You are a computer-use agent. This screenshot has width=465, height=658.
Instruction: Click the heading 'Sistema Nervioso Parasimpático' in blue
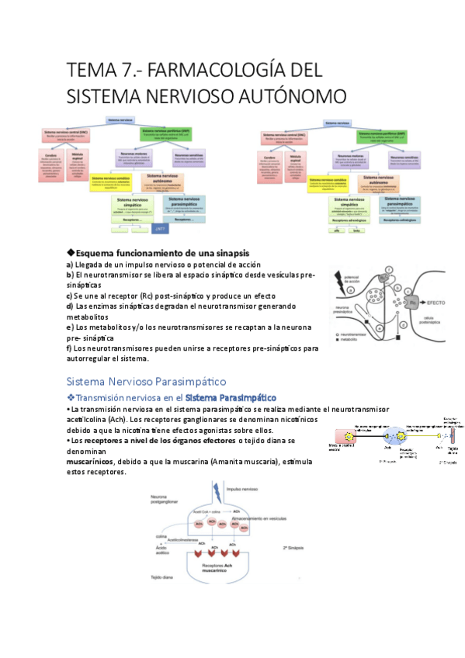(146, 381)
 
